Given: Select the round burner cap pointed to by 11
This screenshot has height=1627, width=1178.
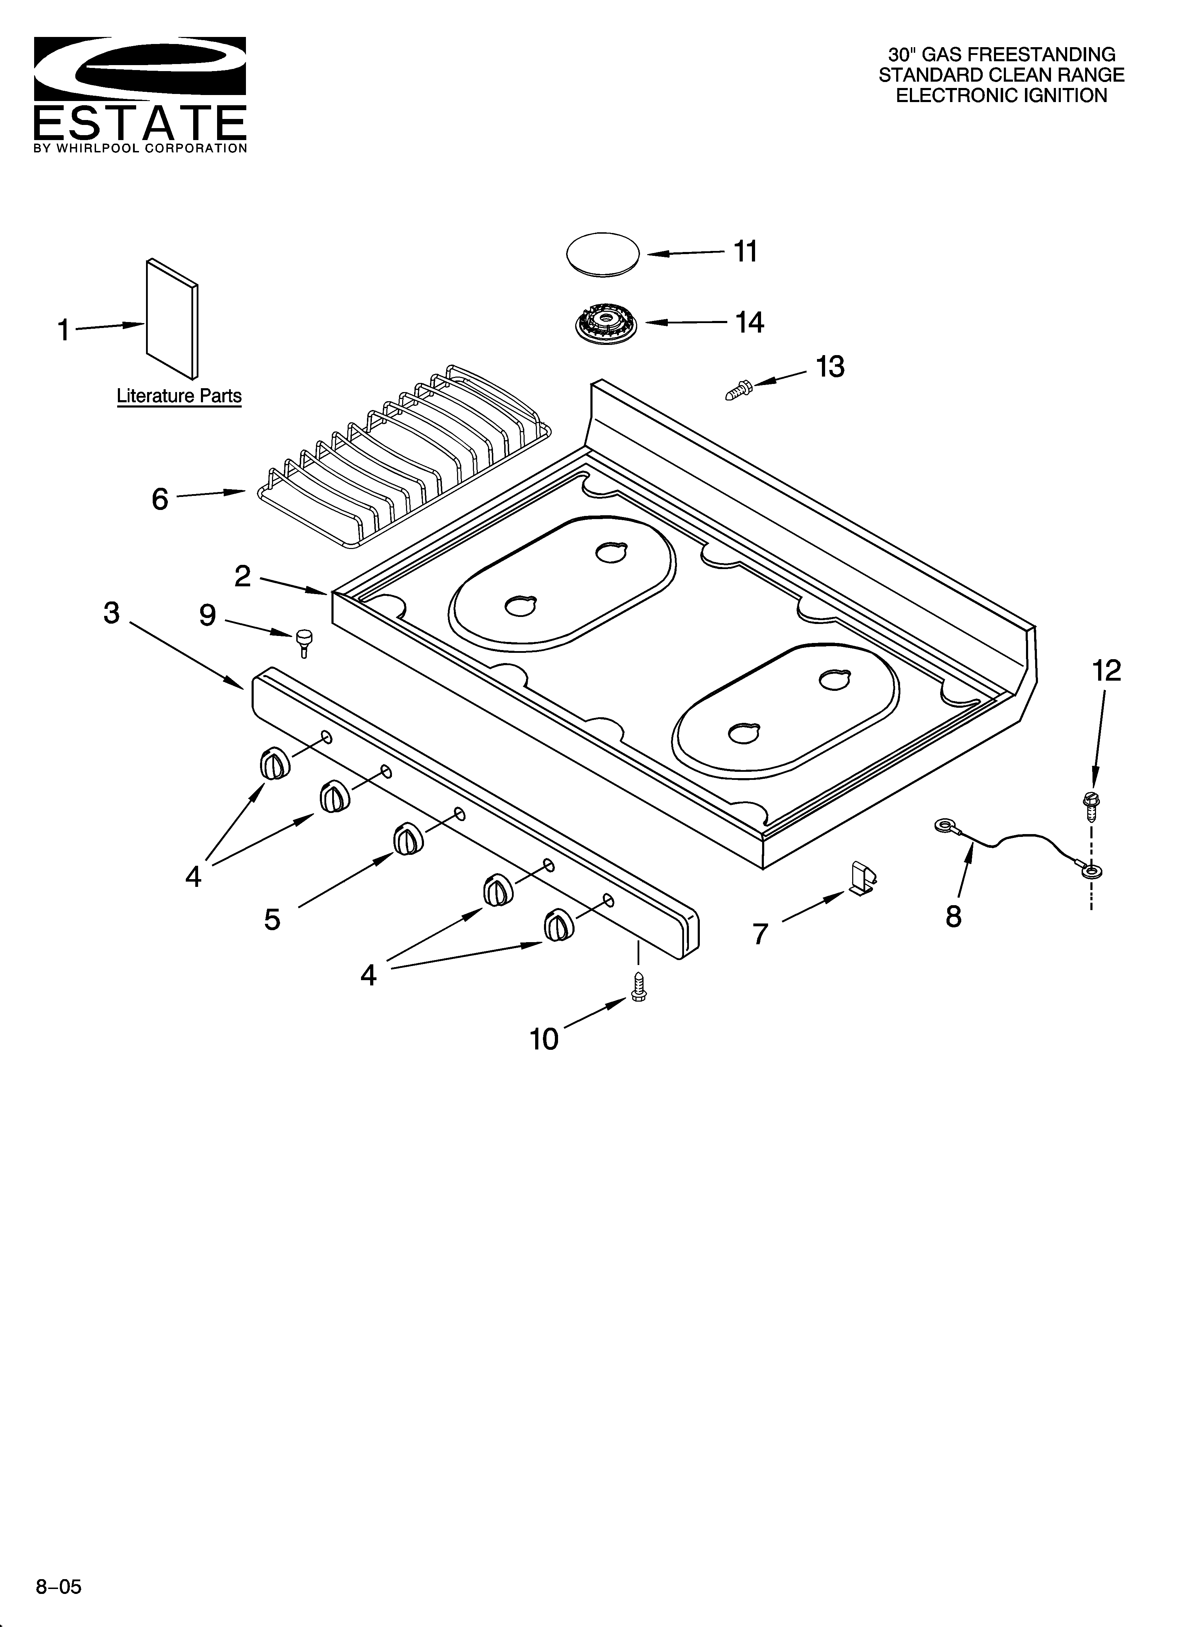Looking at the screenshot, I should coord(603,253).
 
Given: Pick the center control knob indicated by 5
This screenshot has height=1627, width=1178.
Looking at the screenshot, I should coord(409,839).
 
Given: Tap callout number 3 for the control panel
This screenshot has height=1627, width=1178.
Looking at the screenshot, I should coord(111,613).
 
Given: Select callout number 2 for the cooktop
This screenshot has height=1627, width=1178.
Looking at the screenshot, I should coord(242,575).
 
